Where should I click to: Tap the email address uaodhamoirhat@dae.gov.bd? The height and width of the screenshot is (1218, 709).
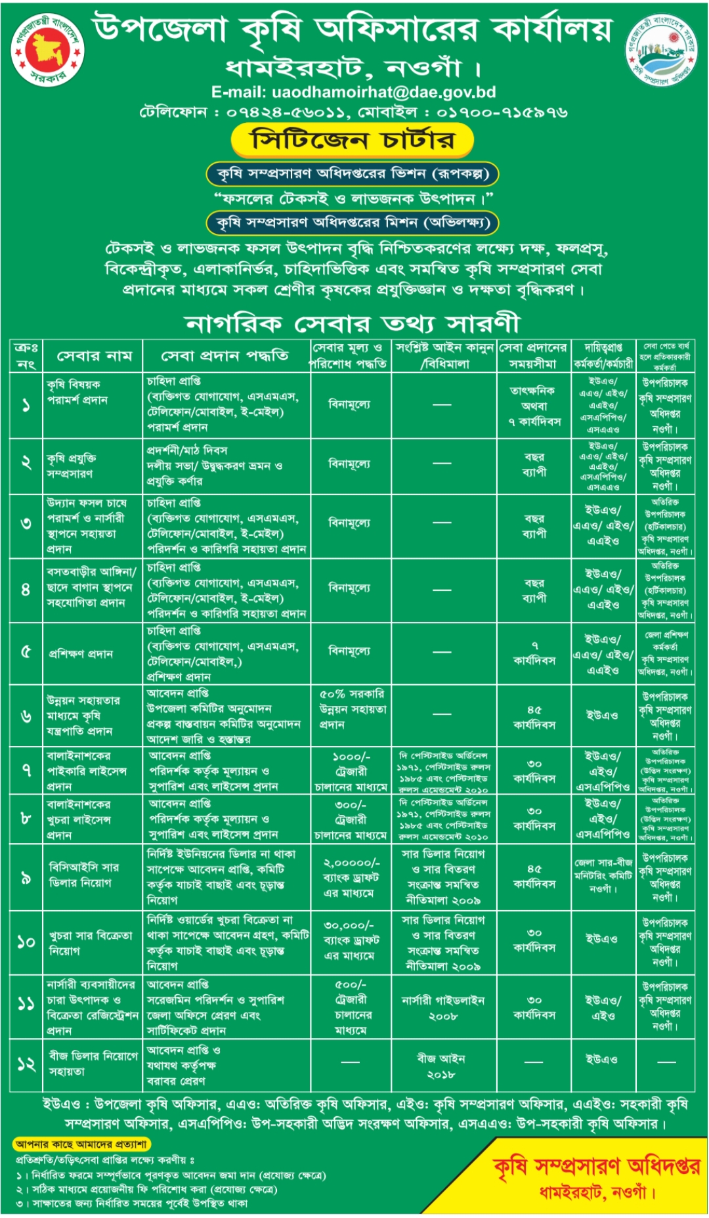coord(353,93)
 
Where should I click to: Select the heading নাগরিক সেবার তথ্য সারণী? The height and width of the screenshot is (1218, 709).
coord(353,323)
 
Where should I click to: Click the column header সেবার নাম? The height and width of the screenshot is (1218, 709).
coord(94,357)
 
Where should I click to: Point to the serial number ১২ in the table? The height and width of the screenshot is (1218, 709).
coord(26,1064)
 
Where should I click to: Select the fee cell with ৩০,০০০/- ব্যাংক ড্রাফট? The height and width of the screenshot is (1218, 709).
coord(350,940)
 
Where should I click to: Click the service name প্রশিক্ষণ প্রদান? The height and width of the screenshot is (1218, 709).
coord(81,654)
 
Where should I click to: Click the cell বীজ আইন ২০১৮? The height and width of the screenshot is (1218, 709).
coord(441,1066)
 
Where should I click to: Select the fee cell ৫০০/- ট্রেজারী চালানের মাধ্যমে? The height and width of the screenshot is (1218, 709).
coord(351,1007)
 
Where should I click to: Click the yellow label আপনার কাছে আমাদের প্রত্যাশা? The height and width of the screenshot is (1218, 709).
coord(81,1144)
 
